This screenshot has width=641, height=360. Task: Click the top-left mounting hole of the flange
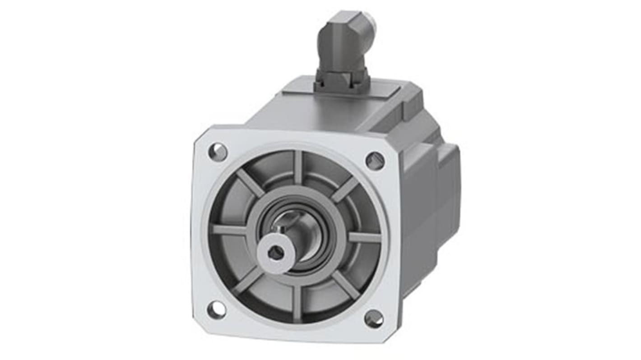coord(218,152)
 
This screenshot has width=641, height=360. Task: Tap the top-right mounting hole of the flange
coord(375,161)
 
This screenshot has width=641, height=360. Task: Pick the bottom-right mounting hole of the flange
coord(374,319)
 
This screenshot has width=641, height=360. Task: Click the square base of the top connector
coord(342,81)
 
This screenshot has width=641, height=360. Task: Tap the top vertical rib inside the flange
coord(297,166)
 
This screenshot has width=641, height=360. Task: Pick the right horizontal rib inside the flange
coord(364,237)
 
